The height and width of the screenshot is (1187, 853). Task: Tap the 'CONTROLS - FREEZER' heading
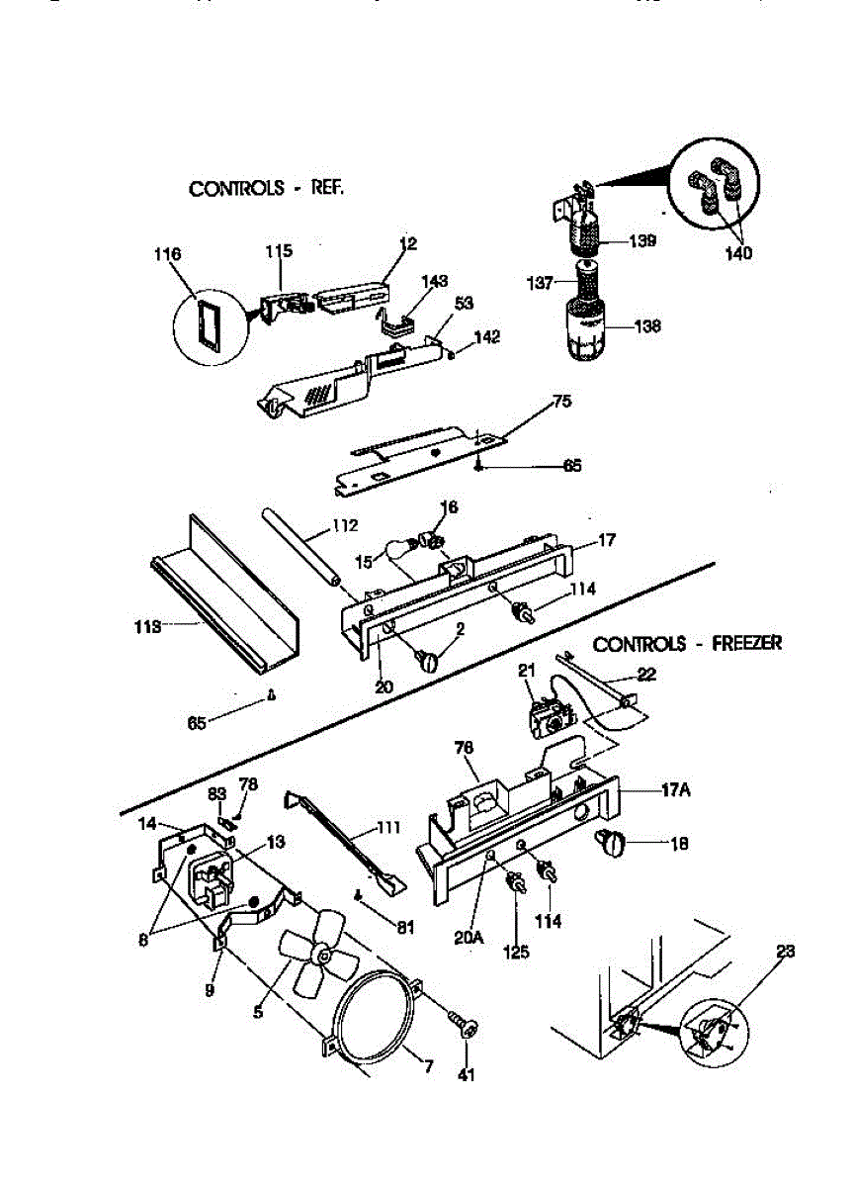[x=687, y=644]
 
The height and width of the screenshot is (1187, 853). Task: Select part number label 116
[x=168, y=255]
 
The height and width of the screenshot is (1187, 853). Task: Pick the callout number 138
[x=647, y=325]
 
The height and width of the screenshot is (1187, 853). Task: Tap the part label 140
[x=736, y=253]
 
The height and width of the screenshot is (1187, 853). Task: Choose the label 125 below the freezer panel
[x=516, y=952]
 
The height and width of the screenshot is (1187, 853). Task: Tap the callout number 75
[x=561, y=402]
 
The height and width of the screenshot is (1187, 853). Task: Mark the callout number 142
[x=486, y=337]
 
